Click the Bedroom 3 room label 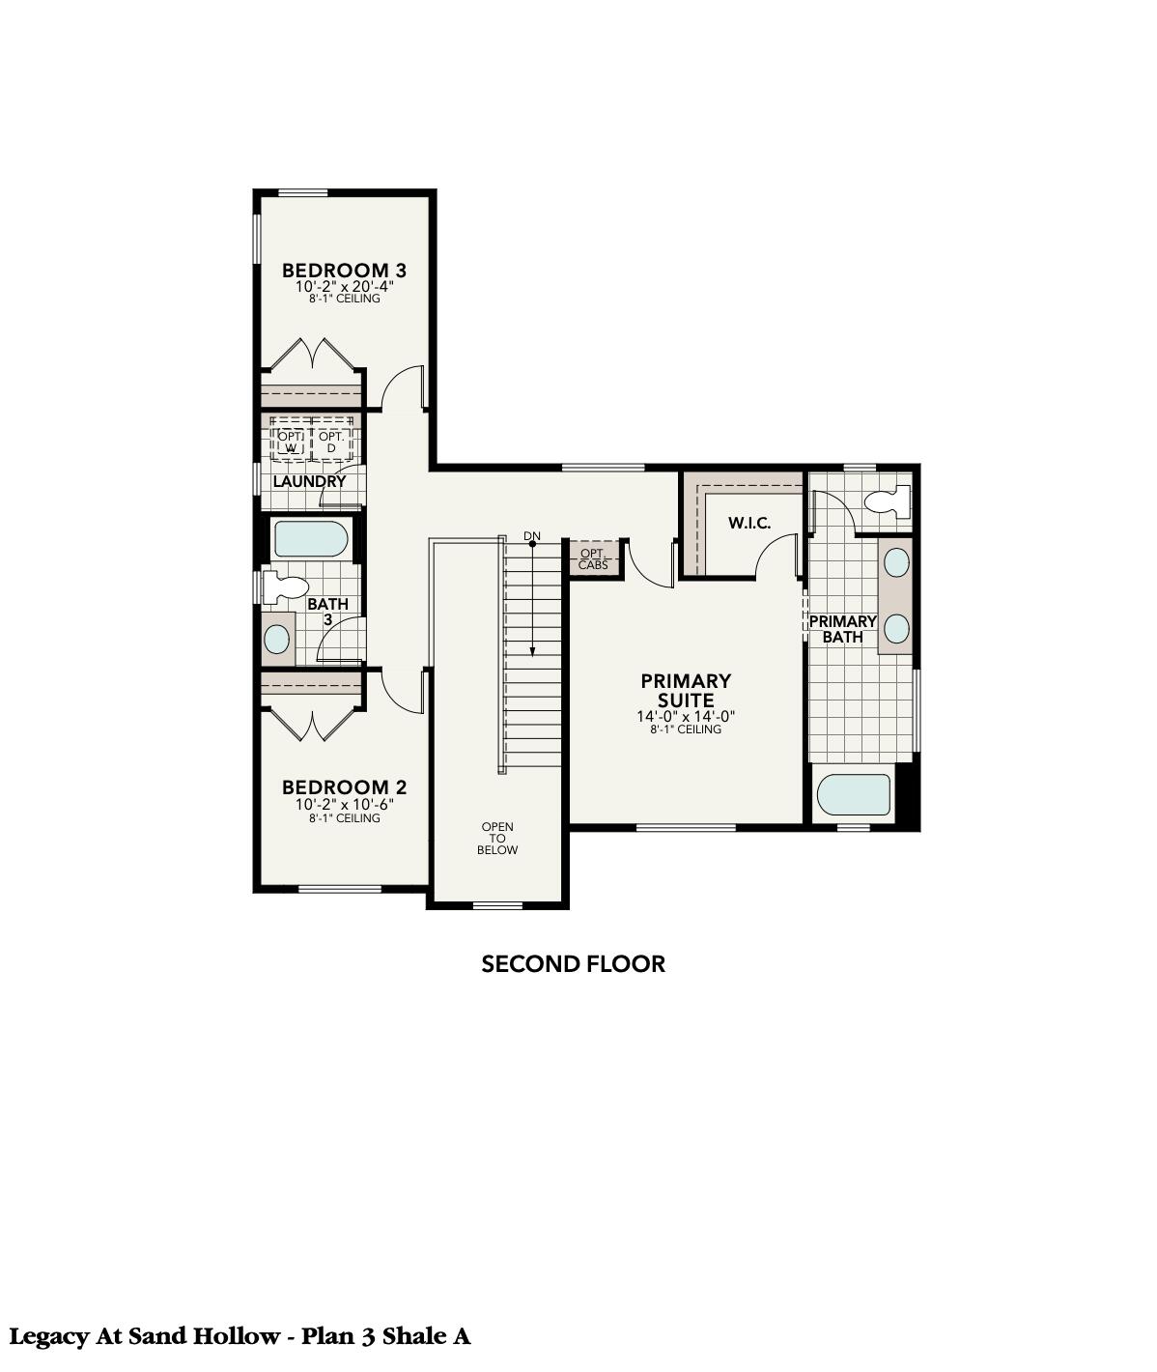pos(337,271)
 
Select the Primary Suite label pos(686,691)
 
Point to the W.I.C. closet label pos(749,524)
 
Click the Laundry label pos(309,481)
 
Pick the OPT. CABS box pos(593,558)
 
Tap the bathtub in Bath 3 pos(310,539)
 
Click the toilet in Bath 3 pos(286,586)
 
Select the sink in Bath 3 pos(277,639)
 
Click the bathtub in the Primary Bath pos(854,794)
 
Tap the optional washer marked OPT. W pos(290,442)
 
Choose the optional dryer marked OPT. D pos(331,442)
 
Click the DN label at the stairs pos(532,535)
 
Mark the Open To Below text pos(497,838)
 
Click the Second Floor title pos(574,963)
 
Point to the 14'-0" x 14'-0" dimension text pos(686,717)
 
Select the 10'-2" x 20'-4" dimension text pos(345,287)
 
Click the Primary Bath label pos(842,629)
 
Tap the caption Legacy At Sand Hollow pos(144,1337)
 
